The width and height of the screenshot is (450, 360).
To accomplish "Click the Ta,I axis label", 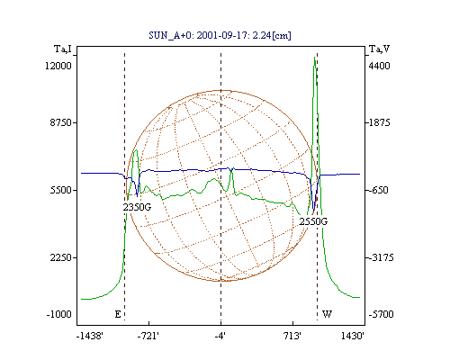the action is click(63, 49).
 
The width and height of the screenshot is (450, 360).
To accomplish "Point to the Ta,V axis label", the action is click(379, 49).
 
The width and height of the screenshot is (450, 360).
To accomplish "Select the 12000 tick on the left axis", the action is click(58, 66).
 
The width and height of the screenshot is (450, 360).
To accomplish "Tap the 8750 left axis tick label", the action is click(61, 122).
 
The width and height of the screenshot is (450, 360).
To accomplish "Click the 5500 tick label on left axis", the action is click(61, 190).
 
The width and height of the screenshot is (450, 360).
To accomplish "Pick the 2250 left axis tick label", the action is click(61, 257).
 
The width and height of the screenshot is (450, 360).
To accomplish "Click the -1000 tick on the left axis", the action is click(59, 314).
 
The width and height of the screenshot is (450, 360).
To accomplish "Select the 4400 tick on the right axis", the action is click(380, 66).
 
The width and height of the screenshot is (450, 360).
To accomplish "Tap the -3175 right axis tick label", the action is click(382, 257).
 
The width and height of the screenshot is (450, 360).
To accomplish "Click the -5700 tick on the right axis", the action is click(382, 314).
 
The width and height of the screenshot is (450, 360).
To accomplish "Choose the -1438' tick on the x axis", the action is click(90, 336).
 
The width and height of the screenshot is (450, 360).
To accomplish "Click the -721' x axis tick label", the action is click(148, 336).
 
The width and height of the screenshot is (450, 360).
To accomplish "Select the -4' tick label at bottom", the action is click(220, 336).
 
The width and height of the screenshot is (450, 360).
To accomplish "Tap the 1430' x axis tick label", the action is click(353, 336).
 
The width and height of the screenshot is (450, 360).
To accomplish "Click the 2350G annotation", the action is click(137, 207).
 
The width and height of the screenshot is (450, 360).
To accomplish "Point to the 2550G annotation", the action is click(313, 221).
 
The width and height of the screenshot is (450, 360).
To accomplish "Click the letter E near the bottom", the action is click(118, 314).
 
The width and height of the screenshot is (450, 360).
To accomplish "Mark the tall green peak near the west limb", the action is click(315, 57).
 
